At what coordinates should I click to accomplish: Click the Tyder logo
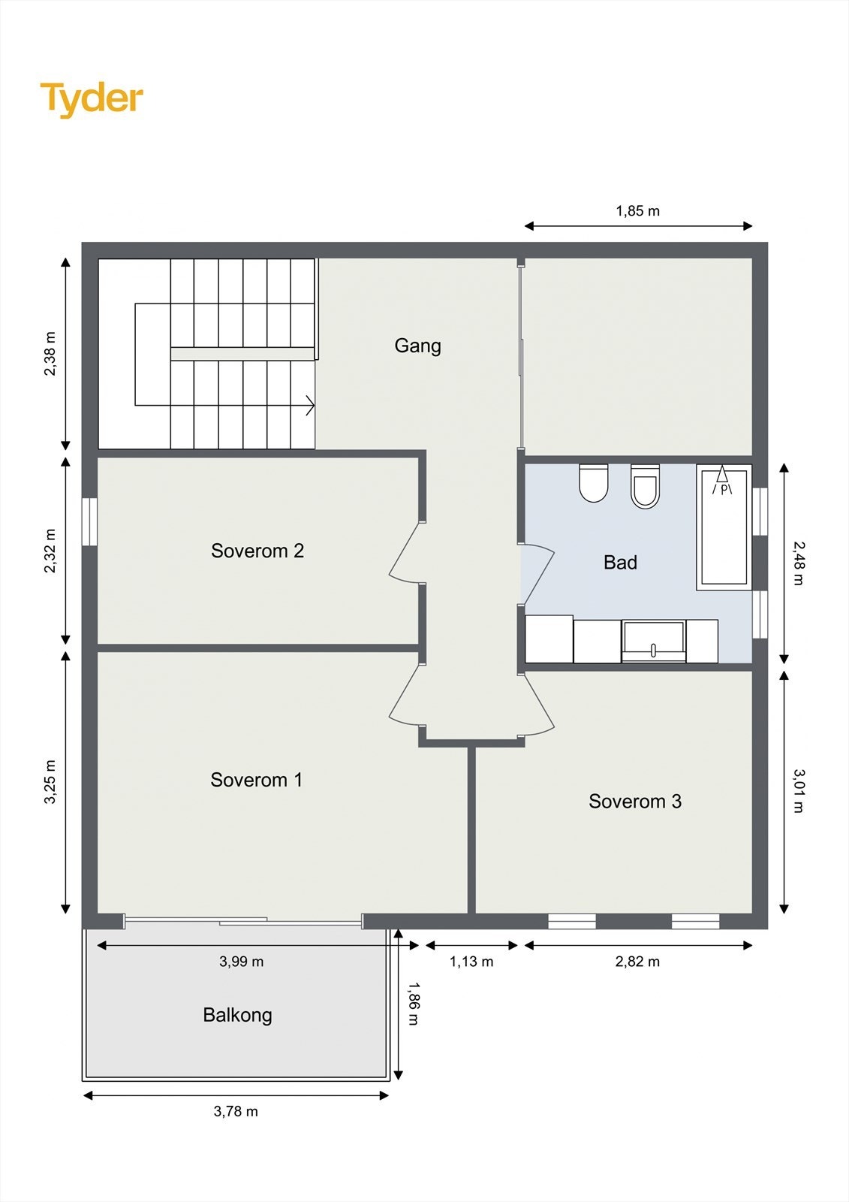tap(92, 100)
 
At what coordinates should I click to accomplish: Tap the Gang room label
tap(418, 346)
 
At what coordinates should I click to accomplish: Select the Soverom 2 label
tap(257, 551)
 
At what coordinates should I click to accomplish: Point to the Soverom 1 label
tap(257, 780)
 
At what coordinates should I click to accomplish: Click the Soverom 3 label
tap(635, 801)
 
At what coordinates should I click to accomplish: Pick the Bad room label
tap(621, 563)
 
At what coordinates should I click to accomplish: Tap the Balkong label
tap(238, 1015)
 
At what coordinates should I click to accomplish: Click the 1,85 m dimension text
tap(638, 211)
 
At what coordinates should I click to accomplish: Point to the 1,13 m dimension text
tap(471, 962)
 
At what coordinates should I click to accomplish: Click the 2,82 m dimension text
tap(638, 962)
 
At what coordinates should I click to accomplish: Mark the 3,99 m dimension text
tap(242, 962)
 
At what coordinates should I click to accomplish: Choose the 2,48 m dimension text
tap(799, 563)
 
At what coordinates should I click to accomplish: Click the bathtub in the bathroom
tap(724, 527)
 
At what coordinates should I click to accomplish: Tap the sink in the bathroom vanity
tap(654, 641)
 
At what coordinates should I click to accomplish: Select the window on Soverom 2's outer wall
tap(89, 522)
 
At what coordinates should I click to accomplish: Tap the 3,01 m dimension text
tap(799, 791)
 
